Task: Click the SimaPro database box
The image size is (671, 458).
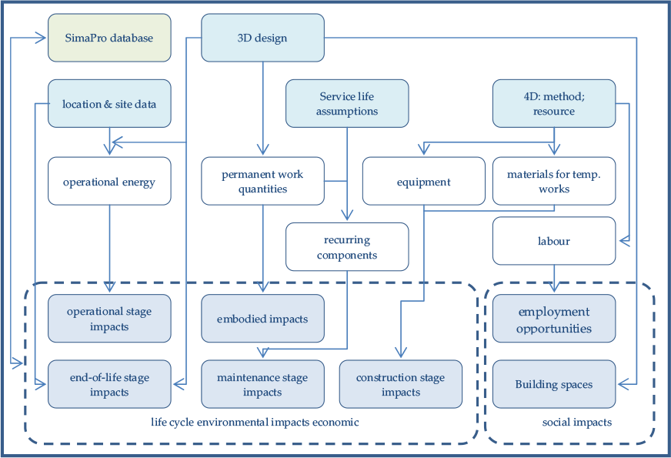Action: point(109,38)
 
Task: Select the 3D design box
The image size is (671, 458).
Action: point(262,38)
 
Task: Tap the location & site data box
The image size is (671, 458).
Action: point(109,104)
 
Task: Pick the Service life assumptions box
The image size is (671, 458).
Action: point(347,104)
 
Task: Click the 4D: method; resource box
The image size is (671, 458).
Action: point(554,104)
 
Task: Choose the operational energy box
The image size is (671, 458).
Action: point(109,181)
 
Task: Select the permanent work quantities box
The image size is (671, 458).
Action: point(262,181)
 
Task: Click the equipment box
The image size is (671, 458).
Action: point(424,181)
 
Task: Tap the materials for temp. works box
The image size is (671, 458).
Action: point(554,181)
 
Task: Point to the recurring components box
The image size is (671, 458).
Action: point(347,247)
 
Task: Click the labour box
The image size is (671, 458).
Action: point(554,241)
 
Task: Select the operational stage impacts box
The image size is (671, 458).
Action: point(109,319)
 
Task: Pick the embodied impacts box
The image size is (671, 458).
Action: point(262,319)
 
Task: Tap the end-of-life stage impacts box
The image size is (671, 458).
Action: point(109,384)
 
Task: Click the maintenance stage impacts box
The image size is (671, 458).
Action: point(262,384)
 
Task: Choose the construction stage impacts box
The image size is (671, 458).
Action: point(401,384)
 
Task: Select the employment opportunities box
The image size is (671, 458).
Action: point(554,319)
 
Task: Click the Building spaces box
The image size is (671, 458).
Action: point(554,384)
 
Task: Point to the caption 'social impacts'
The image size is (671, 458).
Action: point(577,423)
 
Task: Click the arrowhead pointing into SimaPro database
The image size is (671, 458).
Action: point(41,38)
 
